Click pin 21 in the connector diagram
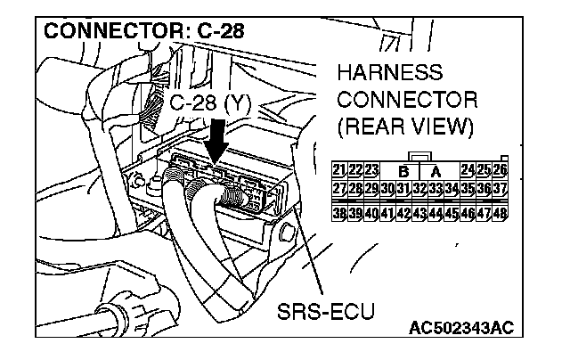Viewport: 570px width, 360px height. pyautogui.click(x=338, y=170)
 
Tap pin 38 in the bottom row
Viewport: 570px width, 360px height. pyautogui.click(x=338, y=214)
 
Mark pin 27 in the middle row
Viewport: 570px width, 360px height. pyautogui.click(x=338, y=188)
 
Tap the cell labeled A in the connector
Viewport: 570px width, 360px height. pyautogui.click(x=436, y=170)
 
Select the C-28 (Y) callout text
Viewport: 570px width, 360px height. pyautogui.click(x=211, y=104)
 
